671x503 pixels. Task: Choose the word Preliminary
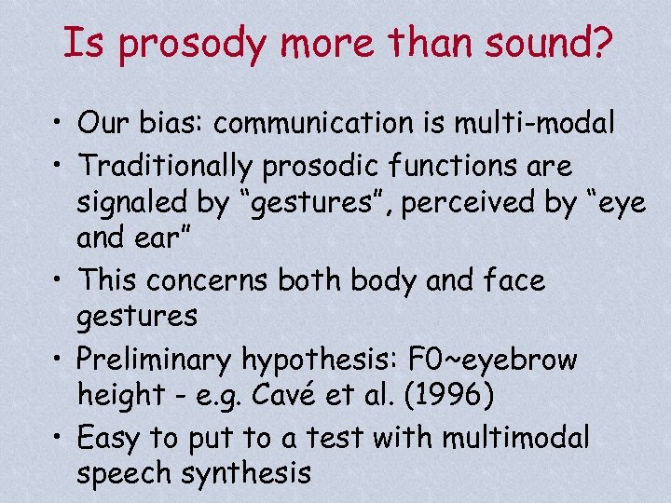[x=156, y=359]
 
